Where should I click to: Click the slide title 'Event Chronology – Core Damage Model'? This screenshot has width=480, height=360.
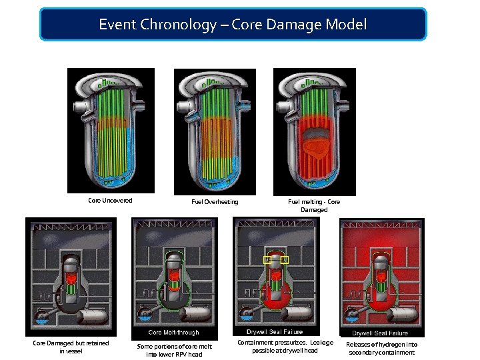(233, 25)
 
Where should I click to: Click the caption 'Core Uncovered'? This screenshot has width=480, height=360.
(110, 200)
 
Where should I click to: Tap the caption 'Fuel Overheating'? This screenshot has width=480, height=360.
(215, 202)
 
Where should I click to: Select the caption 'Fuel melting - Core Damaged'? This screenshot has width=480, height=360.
(313, 205)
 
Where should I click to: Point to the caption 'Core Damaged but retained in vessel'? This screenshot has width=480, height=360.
(71, 347)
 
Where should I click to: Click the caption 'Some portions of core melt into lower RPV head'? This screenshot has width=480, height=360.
(175, 350)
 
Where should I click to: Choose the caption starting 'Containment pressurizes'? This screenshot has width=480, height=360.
(285, 346)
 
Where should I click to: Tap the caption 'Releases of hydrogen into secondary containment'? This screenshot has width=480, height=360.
(381, 348)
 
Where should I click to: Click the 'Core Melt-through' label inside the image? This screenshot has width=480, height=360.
(173, 332)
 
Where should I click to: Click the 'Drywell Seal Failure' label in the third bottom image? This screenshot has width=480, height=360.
(275, 331)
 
